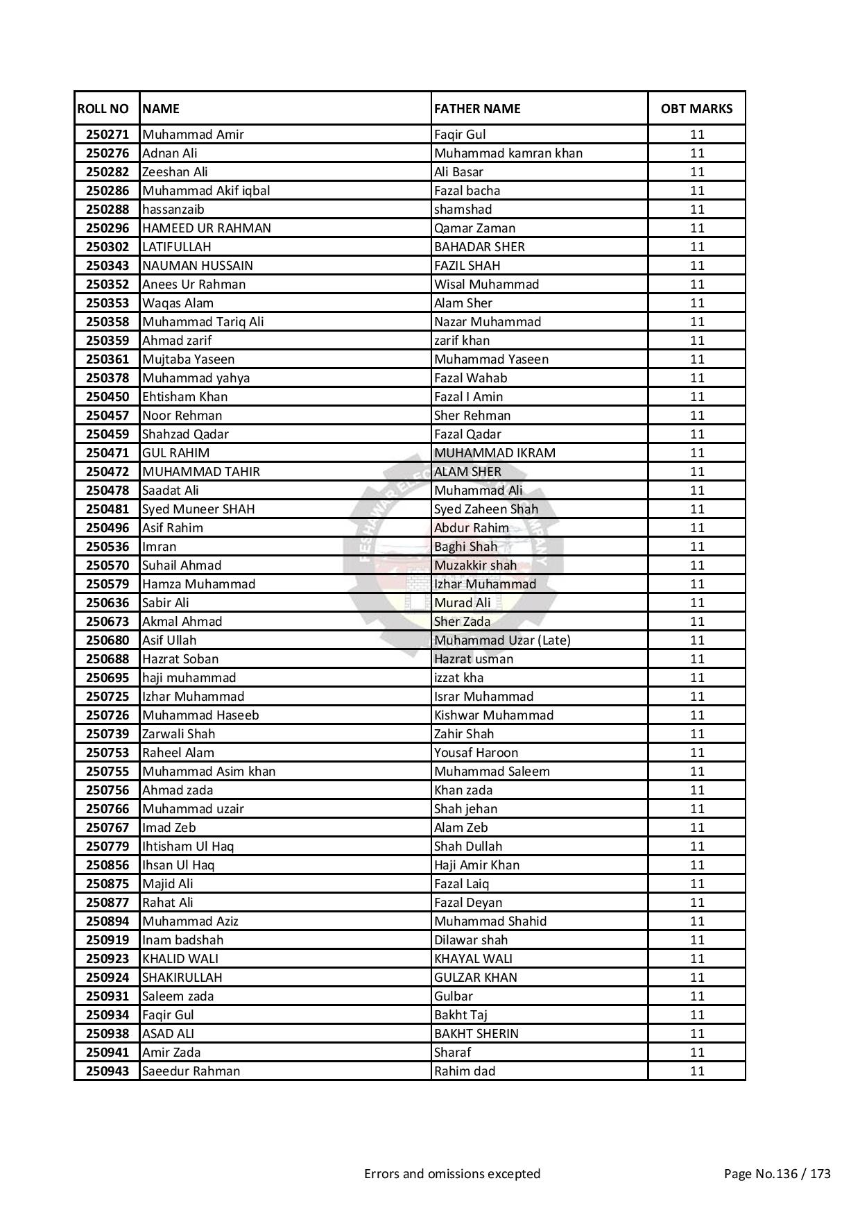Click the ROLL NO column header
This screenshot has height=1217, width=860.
[x=103, y=109]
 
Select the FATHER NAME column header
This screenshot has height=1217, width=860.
[x=477, y=109]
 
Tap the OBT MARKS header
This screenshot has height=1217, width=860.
[x=696, y=109]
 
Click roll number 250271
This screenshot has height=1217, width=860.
[x=108, y=135]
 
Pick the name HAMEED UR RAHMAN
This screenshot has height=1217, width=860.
[x=207, y=228]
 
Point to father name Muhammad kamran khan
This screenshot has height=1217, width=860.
[x=508, y=153]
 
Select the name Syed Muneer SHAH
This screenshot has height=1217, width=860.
[x=198, y=509]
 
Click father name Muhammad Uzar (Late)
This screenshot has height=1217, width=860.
[x=502, y=640]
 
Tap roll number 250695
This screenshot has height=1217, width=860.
[x=108, y=678]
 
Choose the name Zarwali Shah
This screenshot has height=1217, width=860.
[x=179, y=734]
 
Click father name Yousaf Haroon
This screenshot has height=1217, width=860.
[x=476, y=753]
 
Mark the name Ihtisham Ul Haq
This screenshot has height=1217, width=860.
[x=188, y=846]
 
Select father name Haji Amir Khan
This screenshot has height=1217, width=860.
[x=476, y=865]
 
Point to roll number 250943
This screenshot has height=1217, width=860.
[x=108, y=1071]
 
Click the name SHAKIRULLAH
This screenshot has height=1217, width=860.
[x=182, y=978]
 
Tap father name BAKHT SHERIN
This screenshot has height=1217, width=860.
[x=476, y=1034]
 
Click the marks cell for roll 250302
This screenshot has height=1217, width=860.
[x=697, y=247]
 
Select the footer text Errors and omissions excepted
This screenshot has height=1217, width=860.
[x=452, y=1174]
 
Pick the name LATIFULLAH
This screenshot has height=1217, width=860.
[x=177, y=247]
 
